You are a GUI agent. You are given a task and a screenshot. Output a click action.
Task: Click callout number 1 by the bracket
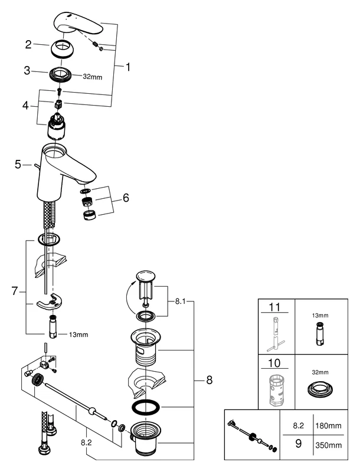(127, 67)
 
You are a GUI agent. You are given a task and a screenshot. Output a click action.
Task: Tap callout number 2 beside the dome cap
(28, 44)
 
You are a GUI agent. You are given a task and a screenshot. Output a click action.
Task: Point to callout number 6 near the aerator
(125, 198)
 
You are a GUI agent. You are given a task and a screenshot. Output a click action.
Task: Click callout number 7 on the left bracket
(16, 291)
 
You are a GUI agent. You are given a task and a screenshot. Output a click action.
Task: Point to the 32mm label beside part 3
(92, 77)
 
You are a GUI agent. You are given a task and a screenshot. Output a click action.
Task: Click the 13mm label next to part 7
(78, 335)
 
